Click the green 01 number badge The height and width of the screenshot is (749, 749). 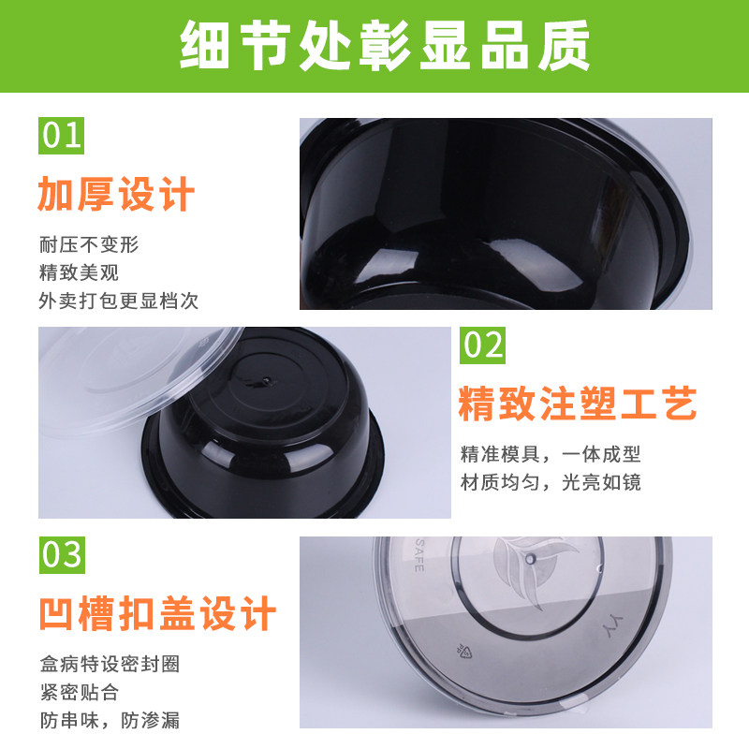(61, 136)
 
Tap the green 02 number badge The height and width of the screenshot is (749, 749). (482, 345)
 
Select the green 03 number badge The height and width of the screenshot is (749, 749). (62, 555)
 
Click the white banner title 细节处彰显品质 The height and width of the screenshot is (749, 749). (385, 46)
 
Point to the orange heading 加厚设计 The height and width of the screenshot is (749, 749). (116, 194)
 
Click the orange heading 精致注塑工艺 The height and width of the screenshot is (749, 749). (578, 404)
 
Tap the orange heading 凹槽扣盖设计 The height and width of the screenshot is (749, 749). (157, 613)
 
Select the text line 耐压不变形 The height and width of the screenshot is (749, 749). (89, 244)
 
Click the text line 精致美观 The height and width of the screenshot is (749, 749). (79, 272)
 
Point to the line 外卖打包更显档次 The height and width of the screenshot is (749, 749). (119, 301)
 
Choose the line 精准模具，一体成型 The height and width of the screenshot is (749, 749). (551, 454)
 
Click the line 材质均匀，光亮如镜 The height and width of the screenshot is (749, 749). (551, 482)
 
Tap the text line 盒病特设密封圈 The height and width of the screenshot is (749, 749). (110, 664)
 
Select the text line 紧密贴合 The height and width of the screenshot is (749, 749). (80, 692)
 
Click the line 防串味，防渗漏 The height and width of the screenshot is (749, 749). (110, 720)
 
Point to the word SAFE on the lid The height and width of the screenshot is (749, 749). (419, 554)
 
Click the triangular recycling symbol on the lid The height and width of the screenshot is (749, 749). (463, 651)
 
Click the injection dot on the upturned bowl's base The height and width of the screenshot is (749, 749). (266, 381)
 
